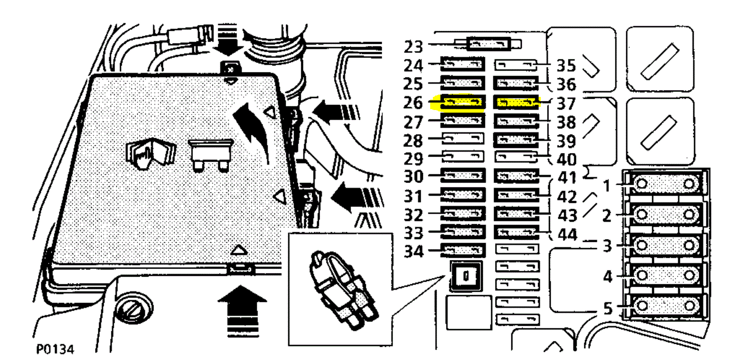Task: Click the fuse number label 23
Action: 413,46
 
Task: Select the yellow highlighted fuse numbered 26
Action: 461,102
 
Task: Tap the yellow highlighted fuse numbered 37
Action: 516,102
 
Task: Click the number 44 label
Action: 567,235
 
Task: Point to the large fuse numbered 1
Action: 665,183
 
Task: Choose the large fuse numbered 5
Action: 665,306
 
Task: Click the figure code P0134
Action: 55,349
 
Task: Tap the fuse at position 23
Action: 489,44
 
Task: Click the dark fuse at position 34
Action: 462,250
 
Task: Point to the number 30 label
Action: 413,176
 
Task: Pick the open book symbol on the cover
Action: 150,154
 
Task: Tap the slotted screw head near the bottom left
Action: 134,310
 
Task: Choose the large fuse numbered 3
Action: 665,245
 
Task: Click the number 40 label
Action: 567,159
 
